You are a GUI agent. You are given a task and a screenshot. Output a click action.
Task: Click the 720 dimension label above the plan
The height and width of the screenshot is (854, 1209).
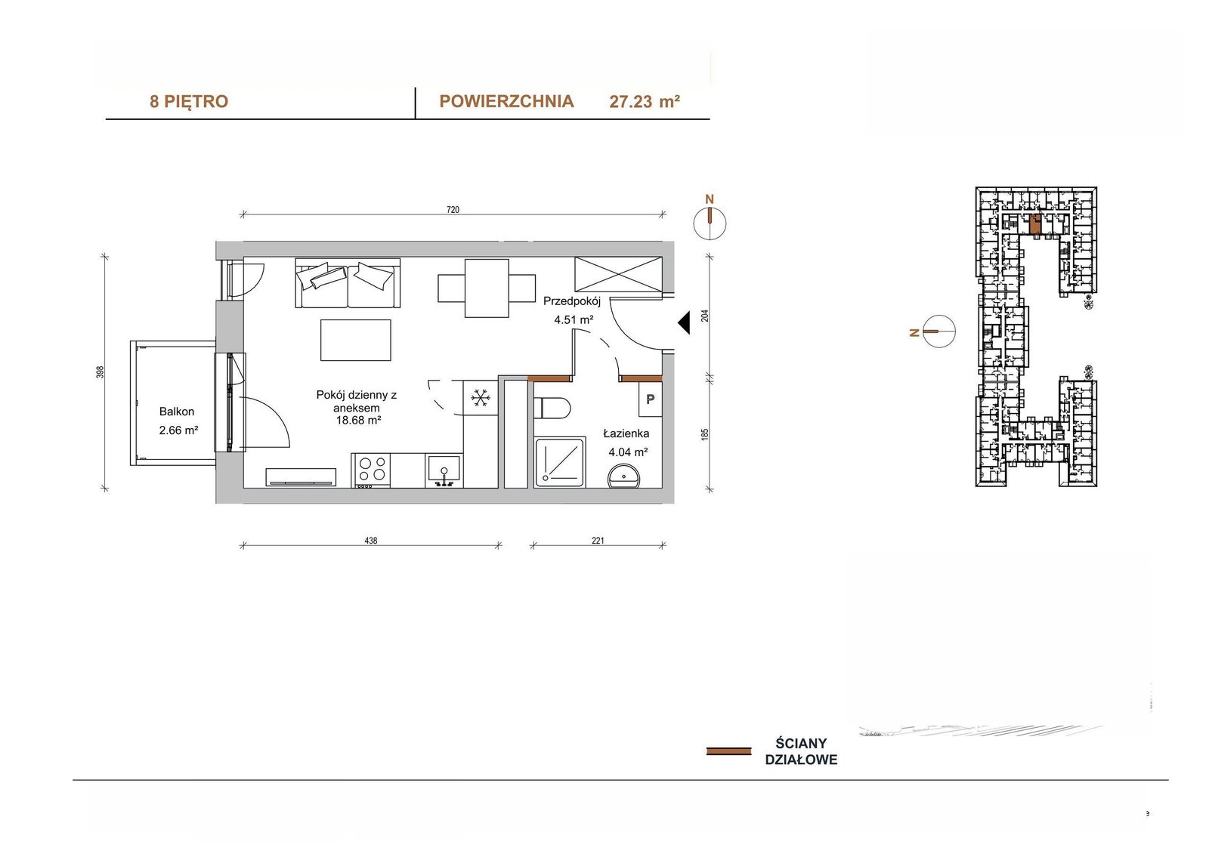tap(453, 209)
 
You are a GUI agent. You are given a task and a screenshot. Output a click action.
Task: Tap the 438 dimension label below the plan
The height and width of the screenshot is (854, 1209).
tap(371, 540)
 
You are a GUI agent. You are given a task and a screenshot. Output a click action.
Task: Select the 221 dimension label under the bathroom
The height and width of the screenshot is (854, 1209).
tap(598, 540)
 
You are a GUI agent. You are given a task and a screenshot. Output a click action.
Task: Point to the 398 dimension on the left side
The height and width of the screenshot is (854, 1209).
tap(100, 372)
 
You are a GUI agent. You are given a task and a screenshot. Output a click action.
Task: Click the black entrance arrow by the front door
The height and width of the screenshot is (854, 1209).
tap(685, 322)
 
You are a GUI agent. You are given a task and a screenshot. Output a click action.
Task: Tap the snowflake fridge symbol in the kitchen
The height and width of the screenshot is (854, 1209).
tap(480, 398)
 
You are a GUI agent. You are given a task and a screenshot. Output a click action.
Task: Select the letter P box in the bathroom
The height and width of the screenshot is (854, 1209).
tap(651, 399)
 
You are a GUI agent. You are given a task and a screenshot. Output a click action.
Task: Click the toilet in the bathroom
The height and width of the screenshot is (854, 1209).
tap(552, 407)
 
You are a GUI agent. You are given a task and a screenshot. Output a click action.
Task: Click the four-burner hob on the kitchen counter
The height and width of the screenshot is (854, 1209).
tap(371, 470)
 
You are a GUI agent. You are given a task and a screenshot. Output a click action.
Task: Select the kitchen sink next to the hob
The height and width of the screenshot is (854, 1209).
tap(444, 470)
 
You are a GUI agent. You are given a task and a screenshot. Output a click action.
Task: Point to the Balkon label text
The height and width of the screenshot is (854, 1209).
tap(177, 412)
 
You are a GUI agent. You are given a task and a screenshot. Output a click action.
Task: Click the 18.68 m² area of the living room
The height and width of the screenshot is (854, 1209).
tap(358, 421)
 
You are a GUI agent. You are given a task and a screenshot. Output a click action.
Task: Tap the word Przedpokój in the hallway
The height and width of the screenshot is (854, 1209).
tap(571, 301)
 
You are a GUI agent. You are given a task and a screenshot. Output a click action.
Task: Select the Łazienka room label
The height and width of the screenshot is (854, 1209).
tap(626, 433)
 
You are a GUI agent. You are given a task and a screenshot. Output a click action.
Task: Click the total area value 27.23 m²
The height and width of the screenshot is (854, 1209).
tap(645, 101)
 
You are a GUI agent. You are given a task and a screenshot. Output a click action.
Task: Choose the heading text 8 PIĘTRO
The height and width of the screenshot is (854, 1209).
tap(189, 101)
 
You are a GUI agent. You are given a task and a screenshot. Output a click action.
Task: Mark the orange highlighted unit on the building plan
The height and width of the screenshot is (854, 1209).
tap(1035, 224)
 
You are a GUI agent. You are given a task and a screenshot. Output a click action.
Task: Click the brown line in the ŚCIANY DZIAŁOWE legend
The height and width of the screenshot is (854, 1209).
tap(728, 751)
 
